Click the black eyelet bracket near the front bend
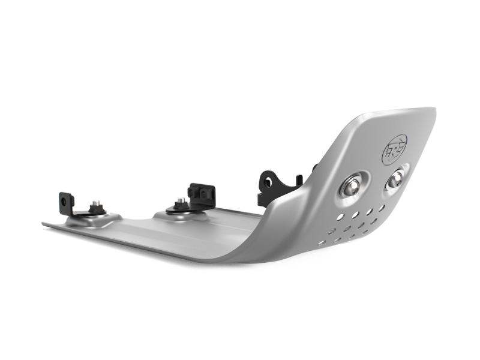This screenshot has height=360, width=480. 268,184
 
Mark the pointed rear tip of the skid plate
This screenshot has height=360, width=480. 43,224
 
